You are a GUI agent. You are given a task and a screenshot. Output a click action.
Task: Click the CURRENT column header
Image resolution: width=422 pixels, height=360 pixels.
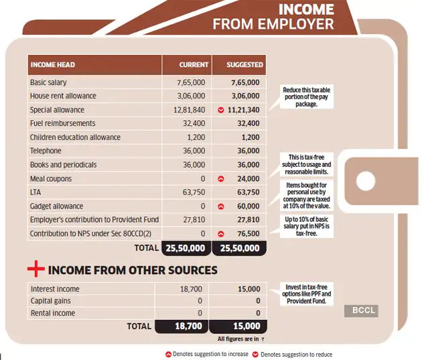(194, 65)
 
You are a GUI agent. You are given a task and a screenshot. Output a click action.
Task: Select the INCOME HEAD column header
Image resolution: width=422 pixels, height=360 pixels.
(52, 65)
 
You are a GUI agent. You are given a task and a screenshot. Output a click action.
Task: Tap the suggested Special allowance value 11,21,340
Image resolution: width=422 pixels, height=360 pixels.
(244, 110)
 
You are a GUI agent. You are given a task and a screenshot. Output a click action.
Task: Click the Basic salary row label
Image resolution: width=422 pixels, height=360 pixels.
(48, 82)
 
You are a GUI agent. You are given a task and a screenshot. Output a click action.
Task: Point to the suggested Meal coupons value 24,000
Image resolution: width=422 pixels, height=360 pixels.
(248, 179)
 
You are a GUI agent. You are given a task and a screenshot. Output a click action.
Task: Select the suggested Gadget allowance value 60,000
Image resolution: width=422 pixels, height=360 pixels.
(248, 206)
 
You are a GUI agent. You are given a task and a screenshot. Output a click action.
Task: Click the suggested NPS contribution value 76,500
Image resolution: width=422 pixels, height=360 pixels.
(248, 234)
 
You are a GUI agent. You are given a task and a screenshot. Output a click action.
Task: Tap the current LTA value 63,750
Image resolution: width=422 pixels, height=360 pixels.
(194, 193)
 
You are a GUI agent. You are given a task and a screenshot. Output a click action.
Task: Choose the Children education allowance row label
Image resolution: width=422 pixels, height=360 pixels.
(75, 137)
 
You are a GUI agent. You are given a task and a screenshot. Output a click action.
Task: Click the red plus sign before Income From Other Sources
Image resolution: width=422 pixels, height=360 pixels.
(36, 270)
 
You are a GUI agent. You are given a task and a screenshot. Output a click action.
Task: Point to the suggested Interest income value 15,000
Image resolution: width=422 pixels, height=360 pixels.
(249, 289)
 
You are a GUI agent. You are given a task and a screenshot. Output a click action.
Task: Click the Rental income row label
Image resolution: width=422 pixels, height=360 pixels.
(52, 313)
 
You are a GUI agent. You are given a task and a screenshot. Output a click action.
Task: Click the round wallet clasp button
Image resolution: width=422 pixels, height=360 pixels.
(365, 181)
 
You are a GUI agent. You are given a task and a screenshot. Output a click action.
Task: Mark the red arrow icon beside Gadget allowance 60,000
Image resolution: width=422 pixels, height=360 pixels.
(221, 206)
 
